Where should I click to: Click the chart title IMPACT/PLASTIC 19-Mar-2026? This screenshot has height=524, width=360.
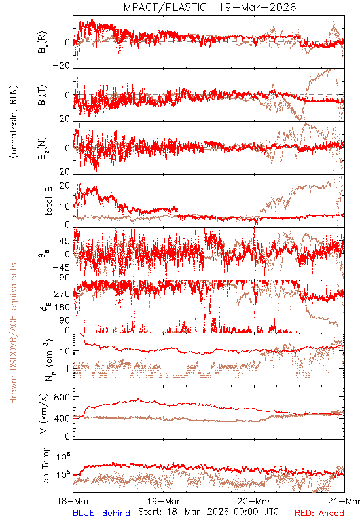point(208,7)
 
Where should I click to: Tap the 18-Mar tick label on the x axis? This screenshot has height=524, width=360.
point(73,501)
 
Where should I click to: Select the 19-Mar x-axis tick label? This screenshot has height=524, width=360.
point(164,501)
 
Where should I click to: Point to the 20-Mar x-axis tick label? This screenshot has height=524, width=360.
point(254,501)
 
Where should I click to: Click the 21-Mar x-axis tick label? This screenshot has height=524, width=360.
point(344,501)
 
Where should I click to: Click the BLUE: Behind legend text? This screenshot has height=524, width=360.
point(101,513)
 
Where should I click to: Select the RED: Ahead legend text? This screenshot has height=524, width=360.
point(319,513)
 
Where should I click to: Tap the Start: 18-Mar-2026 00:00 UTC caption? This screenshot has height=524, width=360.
point(208,512)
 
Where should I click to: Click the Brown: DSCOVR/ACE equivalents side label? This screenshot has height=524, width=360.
point(13,333)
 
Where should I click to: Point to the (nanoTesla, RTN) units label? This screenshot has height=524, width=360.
point(14,122)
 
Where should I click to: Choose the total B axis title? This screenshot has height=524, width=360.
point(48,201)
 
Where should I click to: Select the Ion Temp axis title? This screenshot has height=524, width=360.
point(45,466)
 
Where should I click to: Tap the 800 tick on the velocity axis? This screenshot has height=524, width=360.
point(62,397)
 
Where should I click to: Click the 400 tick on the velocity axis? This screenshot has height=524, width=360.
point(62,418)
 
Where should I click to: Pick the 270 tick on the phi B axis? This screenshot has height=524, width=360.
point(62,293)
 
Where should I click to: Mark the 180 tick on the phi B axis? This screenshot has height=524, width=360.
point(62,307)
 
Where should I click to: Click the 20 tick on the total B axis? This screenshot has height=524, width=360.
point(65,185)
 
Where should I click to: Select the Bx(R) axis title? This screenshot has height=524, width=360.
point(43,43)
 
